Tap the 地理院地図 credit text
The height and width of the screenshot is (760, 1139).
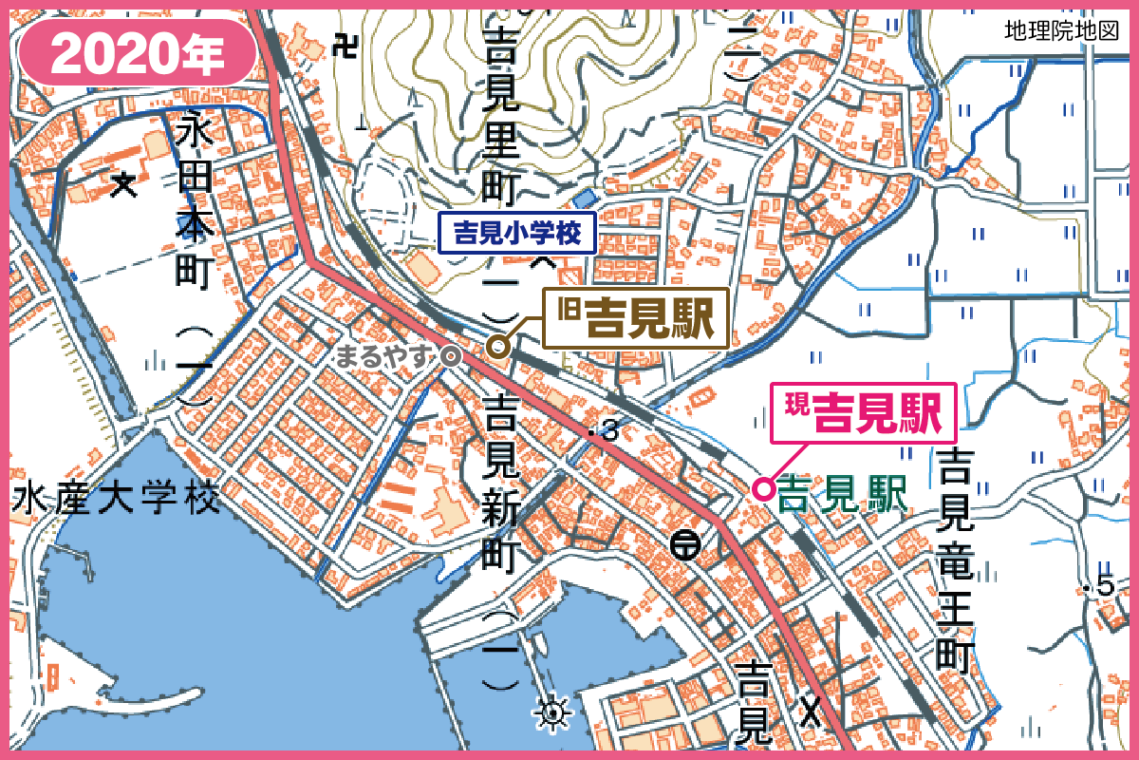1062,31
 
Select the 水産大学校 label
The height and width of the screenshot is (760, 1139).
116,500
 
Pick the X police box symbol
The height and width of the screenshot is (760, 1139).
809,708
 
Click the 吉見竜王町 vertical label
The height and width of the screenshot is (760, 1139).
954,560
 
